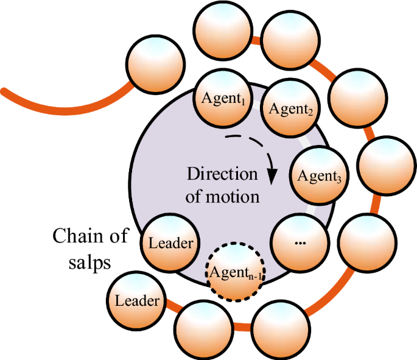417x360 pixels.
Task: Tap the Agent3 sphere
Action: (x=318, y=176)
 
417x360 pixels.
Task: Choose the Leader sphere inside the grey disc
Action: (x=170, y=243)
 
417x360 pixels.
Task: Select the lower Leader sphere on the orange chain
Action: (x=137, y=300)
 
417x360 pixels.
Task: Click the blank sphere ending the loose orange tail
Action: (x=155, y=62)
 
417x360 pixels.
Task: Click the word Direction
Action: (x=222, y=174)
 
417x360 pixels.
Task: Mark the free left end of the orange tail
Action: (x=5, y=91)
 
